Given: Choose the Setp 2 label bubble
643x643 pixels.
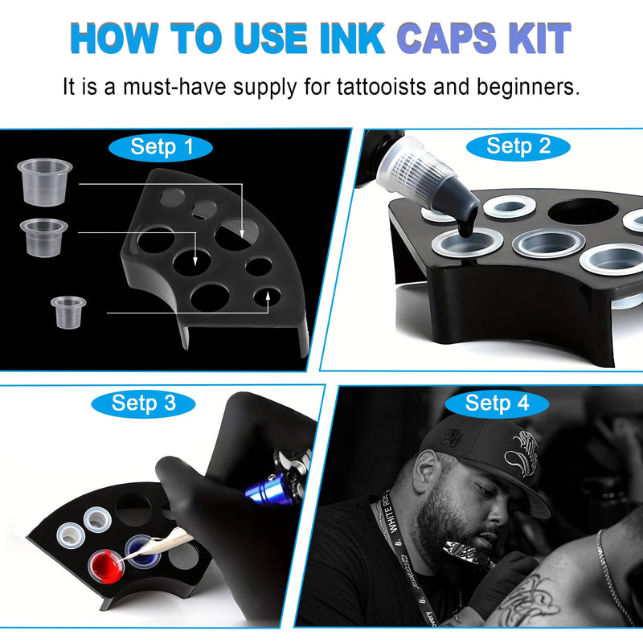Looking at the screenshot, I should coord(518,145).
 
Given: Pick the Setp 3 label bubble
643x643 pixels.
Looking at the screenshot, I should coord(144,403).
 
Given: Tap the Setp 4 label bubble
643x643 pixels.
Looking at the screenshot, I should coord(498,403).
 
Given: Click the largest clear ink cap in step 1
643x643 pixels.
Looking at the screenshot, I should coord(45,180).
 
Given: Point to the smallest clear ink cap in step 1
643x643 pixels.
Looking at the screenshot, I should coord(68,310).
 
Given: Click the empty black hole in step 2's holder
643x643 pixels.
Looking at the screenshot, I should coord(583,211).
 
